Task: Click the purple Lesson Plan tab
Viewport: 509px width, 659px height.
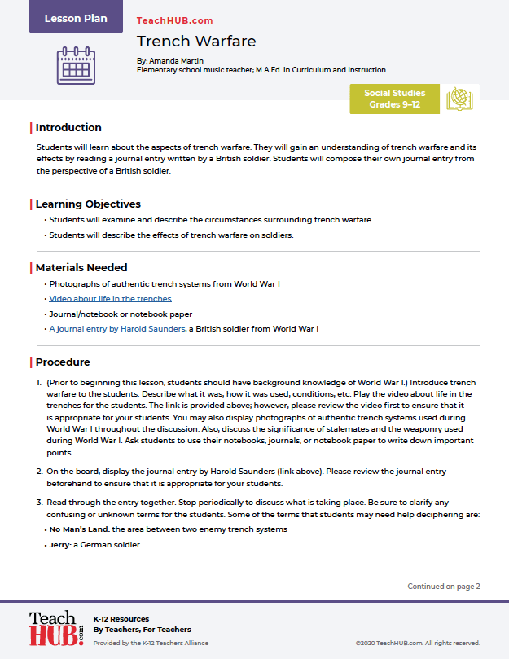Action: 76,18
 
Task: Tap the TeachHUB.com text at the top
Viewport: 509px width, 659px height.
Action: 174,20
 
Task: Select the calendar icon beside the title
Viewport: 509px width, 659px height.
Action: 76,65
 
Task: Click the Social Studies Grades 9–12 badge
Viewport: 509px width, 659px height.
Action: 394,99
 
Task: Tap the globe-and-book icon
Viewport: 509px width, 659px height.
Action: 459,99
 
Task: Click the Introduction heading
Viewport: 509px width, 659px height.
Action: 68,128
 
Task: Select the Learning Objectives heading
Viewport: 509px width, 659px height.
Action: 88,204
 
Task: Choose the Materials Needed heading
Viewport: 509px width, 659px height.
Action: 81,267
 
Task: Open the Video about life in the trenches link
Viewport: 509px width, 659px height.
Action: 110,299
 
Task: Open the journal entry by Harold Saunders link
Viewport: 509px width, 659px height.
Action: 117,329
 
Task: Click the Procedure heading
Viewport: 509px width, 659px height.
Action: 63,362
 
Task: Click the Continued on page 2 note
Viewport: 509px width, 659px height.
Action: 444,586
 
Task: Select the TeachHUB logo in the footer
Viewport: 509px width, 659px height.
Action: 55,628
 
